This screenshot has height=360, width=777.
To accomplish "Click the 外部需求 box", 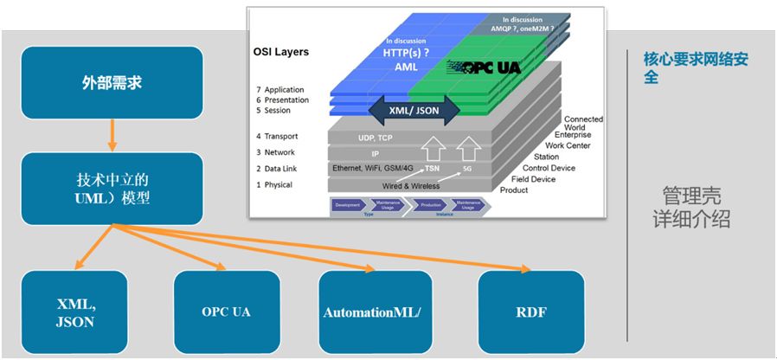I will (x=112, y=83).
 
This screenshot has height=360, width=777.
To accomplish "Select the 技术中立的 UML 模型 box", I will (x=112, y=189).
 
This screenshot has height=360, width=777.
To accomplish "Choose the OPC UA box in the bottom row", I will (x=226, y=312).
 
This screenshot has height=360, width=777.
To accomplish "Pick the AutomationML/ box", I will (x=372, y=312).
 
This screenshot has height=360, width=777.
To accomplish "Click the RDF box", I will (x=530, y=312).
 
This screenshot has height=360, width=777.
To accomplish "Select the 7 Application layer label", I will (x=279, y=90).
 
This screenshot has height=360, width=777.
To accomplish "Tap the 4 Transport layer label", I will (x=277, y=136).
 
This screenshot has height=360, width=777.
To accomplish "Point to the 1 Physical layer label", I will (x=274, y=184).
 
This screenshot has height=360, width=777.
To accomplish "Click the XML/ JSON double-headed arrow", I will (x=414, y=110).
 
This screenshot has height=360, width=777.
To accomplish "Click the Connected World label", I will (x=583, y=123).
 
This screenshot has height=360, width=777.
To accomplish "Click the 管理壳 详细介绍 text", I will (x=691, y=208).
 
